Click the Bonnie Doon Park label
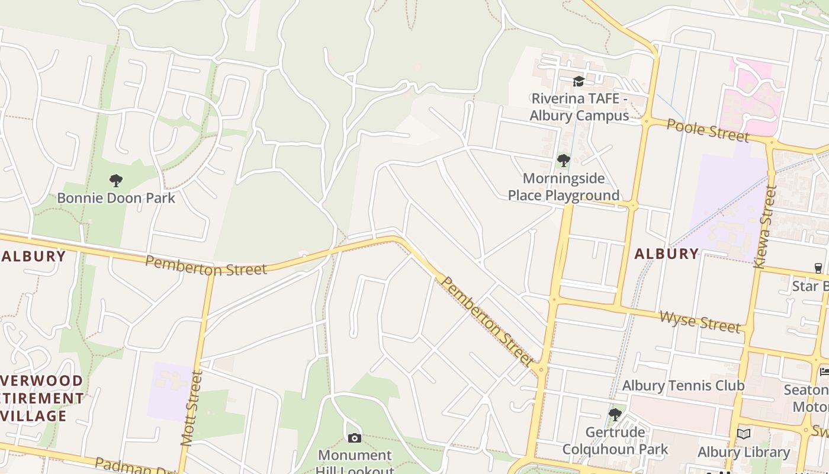pos(116,198)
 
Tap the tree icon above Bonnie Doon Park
pos(116,180)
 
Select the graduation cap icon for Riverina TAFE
pos(579,81)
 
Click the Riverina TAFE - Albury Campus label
pos(579,107)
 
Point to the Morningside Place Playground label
pos(564,187)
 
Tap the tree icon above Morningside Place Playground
pos(564,160)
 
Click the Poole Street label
pos(708,130)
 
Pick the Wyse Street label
pos(699,322)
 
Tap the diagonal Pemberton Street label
pos(487,320)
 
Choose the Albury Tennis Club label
pos(683,386)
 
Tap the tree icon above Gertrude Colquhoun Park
pos(615,414)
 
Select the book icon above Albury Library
pos(744,434)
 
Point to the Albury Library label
pos(744,453)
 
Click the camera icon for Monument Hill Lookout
pos(354,438)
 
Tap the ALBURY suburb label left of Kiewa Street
pos(667,254)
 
